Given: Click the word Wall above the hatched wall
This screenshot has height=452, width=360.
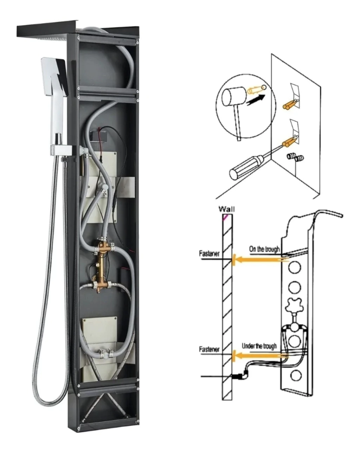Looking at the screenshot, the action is click(x=226, y=209).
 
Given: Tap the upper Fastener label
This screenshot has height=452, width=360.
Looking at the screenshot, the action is click(x=209, y=254).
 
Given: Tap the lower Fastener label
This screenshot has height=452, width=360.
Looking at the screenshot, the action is click(x=209, y=349).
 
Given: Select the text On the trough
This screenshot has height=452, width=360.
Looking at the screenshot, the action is click(x=264, y=249).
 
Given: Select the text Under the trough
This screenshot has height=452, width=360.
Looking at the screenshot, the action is click(x=259, y=346).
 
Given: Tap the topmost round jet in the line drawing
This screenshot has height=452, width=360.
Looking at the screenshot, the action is click(x=294, y=268).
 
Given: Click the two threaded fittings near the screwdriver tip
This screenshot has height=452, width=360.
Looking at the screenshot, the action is click(x=295, y=157).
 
